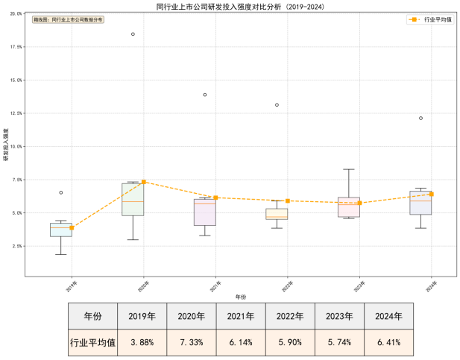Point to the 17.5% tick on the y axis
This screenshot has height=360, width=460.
(x=18, y=46)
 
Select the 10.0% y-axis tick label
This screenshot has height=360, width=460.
(x=18, y=146)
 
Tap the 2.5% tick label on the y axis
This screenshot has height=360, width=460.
(x=19, y=246)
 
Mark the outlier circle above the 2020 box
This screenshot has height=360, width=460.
(x=133, y=34)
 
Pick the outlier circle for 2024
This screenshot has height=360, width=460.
(x=420, y=118)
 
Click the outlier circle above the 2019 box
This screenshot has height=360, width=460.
(x=61, y=192)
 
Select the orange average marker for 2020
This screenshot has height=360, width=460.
(x=144, y=182)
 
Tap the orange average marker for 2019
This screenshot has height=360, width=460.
(x=72, y=228)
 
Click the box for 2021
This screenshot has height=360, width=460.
(x=204, y=212)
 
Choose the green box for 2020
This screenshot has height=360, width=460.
(x=133, y=199)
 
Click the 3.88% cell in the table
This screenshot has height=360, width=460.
(x=142, y=343)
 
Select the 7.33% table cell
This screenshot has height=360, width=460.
(x=191, y=343)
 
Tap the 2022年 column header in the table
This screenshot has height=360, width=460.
(x=290, y=316)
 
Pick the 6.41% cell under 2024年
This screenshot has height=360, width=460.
(x=388, y=343)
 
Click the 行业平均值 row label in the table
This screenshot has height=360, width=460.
(x=92, y=343)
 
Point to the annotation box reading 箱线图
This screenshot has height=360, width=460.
(x=68, y=20)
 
